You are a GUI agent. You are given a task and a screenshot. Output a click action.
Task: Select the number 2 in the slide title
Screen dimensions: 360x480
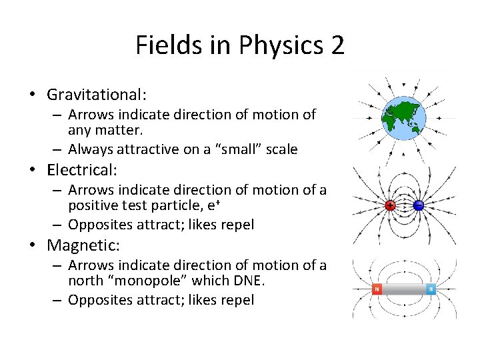tap(337, 45)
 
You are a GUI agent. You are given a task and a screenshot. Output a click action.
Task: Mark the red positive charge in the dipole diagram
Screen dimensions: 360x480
tap(390, 205)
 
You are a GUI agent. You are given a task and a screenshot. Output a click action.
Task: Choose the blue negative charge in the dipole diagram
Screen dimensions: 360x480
tap(419, 205)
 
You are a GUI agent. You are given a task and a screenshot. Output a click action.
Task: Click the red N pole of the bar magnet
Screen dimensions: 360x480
tap(377, 289)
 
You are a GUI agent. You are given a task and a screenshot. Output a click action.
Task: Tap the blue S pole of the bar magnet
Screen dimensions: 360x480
tap(431, 289)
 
